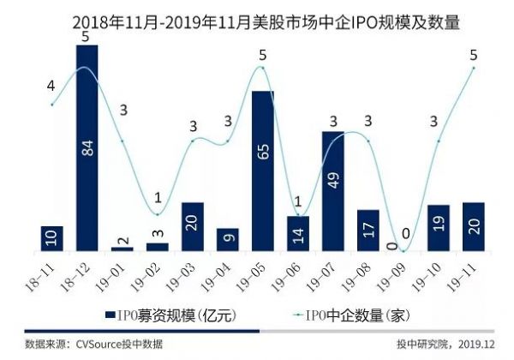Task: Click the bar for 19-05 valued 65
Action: (x=263, y=171)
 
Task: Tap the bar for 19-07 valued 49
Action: (x=333, y=190)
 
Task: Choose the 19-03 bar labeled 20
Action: (x=193, y=226)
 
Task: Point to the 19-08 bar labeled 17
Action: (x=368, y=230)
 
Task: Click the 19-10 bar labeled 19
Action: (x=439, y=227)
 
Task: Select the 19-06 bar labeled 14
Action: (x=298, y=233)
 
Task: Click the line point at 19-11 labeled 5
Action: (x=474, y=68)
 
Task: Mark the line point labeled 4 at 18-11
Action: (x=52, y=105)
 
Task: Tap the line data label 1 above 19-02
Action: (x=158, y=198)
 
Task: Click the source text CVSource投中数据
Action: (x=94, y=345)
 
